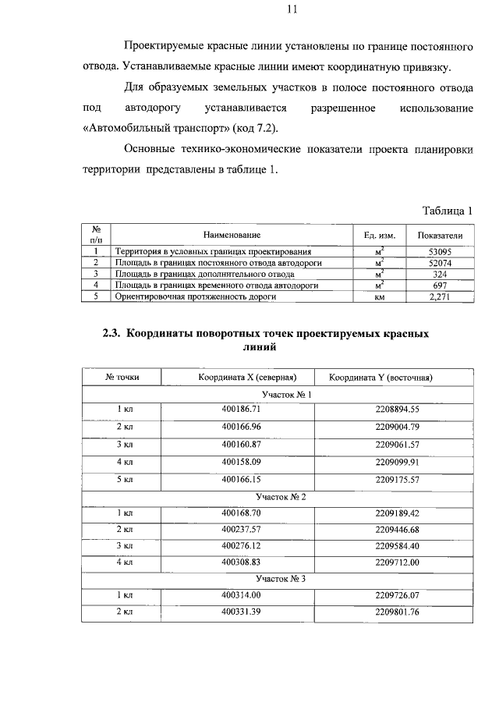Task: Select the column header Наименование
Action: coord(232,235)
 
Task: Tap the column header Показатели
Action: coord(440,235)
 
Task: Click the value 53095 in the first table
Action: coord(440,252)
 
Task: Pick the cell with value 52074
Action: coord(440,263)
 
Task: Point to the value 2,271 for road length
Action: coord(440,296)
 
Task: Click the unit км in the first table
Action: coord(380,296)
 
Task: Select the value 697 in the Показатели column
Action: coord(440,286)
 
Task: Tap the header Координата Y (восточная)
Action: coord(380,378)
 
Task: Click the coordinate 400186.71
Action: coord(241,409)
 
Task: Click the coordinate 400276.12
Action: coord(241,545)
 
